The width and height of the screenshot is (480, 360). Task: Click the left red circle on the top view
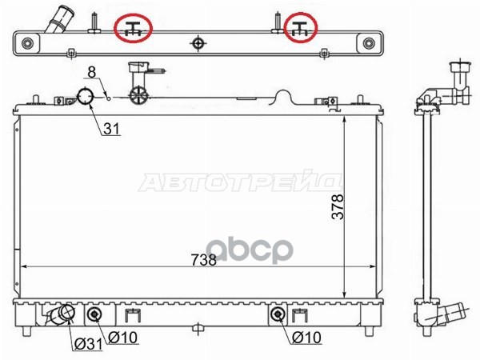pos(114,29)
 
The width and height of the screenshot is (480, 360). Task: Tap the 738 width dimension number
pos(203,260)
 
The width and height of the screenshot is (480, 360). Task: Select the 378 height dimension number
pos(338,206)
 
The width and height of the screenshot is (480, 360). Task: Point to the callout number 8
pos(92,72)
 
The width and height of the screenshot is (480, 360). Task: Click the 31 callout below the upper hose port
pos(111,129)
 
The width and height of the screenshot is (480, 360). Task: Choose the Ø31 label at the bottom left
pos(89,344)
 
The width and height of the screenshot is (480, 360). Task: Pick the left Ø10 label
pos(123,338)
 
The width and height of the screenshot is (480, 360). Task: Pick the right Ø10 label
pos(306,338)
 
